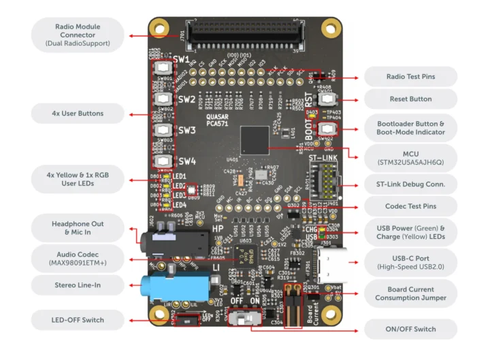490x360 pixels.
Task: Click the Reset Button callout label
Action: coord(410,99)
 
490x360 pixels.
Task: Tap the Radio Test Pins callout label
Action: coord(410,76)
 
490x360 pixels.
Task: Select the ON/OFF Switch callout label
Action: coord(410,329)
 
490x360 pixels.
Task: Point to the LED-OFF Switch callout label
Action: coord(78,318)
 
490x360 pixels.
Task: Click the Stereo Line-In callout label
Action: coord(78,284)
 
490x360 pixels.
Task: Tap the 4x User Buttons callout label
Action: coord(78,112)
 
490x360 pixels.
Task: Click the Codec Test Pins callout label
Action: coord(410,206)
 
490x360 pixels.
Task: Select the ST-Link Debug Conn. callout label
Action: coord(410,184)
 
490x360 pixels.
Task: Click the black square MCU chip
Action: coord(255,140)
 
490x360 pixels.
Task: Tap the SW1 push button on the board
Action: coord(164,68)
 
